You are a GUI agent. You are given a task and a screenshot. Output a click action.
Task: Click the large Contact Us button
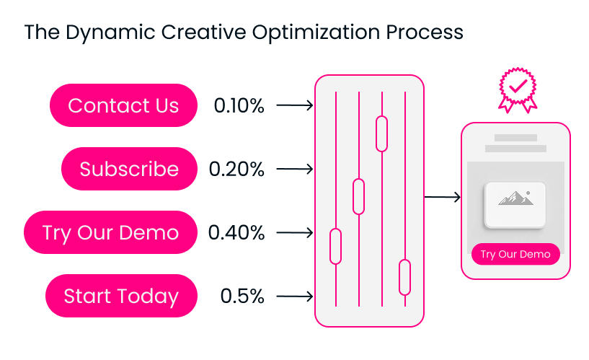[x=123, y=105]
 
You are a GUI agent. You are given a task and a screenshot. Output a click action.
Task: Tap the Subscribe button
[x=129, y=169]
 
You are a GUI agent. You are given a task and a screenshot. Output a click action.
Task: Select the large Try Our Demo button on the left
[x=110, y=232]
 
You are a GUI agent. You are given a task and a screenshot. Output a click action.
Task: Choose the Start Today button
[x=121, y=296]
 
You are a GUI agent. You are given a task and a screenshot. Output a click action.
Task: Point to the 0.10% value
[x=239, y=105]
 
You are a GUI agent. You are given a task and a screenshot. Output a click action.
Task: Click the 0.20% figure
[x=236, y=169]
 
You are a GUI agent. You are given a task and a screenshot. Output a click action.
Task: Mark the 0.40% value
[x=236, y=232]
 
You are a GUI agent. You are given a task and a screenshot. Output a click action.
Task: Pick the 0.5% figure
[x=242, y=296]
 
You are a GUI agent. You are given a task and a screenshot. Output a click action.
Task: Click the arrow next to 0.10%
[x=294, y=105]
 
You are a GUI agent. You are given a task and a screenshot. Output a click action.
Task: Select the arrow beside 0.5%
[x=294, y=296]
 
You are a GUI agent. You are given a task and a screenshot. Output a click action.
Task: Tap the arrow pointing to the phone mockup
[x=442, y=196]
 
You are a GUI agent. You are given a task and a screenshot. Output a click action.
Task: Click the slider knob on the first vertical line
[x=335, y=246]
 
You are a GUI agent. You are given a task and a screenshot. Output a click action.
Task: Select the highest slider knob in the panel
[x=381, y=133]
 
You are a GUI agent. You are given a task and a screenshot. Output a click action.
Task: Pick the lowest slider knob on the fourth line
[x=404, y=277]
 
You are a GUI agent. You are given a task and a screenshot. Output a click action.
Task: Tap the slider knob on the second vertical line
[x=359, y=196]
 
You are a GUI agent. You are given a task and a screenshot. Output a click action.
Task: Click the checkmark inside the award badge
[x=518, y=86]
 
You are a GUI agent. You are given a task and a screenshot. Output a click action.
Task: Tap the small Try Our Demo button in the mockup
[x=515, y=254]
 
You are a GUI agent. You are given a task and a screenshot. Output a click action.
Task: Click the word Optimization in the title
[x=316, y=32]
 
